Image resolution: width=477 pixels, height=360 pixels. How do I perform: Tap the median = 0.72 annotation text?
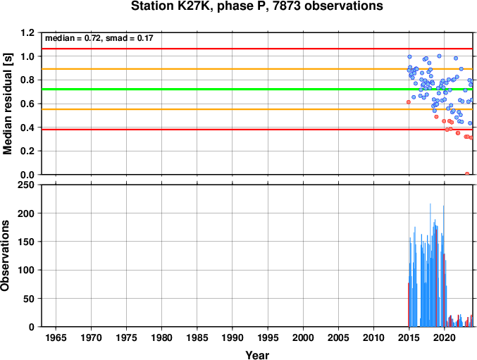coord(73,38)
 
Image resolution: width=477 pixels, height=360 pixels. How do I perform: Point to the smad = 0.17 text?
coord(129,38)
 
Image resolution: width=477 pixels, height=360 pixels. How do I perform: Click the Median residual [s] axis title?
coord(7,104)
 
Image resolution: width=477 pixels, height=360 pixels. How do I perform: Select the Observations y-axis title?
coord(5,256)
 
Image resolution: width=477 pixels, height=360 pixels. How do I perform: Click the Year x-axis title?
coord(257,355)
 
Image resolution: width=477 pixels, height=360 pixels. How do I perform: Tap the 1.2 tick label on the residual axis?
coord(27,32)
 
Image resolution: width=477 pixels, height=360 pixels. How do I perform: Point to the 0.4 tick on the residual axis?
coord(27,128)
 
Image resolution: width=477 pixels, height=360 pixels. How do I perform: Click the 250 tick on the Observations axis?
coord(26,185)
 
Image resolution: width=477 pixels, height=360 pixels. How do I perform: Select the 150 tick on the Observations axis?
coord(26,242)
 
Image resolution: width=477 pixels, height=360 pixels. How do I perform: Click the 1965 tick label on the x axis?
coord(56,337)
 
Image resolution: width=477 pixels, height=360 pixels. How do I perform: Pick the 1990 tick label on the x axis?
coord(233,337)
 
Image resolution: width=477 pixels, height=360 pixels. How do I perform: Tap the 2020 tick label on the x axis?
coord(445,337)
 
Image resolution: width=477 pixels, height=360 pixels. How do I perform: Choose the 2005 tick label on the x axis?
coord(339,337)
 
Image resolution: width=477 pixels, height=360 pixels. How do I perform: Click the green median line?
coord(257,89)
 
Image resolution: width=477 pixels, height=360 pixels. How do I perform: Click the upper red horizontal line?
coord(257,49)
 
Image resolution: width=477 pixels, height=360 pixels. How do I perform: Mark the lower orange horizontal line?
coord(257,109)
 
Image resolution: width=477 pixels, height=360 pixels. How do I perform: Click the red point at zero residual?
coord(467,174)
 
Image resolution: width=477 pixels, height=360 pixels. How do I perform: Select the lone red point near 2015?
coord(409,102)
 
